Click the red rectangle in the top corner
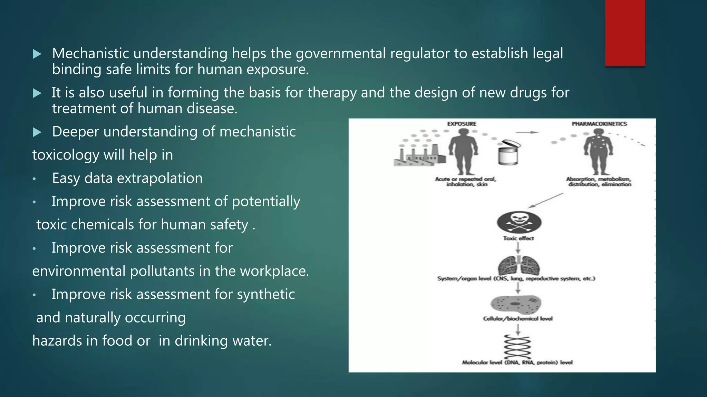click(x=625, y=33)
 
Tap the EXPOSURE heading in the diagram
click(x=462, y=124)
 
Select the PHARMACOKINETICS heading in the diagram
click(x=599, y=124)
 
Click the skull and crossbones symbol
click(x=519, y=222)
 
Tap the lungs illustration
click(x=519, y=266)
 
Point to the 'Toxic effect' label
click(x=518, y=238)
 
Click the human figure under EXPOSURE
click(x=463, y=152)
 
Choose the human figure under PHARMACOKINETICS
click(x=599, y=152)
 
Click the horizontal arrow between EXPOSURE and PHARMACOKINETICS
click(x=527, y=132)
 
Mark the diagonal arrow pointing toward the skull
click(x=546, y=201)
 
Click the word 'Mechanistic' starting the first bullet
click(x=90, y=53)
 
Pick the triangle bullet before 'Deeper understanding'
click(x=37, y=132)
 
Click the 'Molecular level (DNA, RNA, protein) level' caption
click(x=517, y=362)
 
